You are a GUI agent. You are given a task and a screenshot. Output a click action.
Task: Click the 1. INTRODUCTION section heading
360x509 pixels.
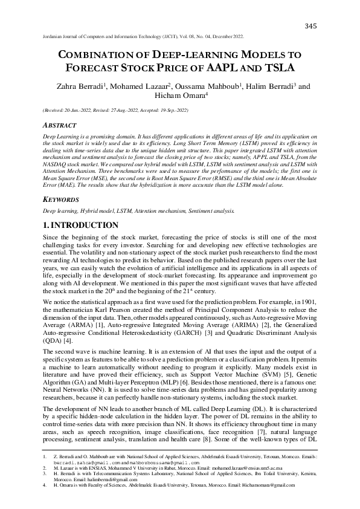click(x=80, y=225)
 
